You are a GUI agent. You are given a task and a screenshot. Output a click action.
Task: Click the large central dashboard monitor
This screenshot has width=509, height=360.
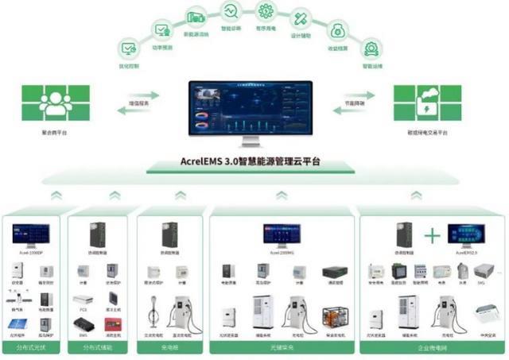[251, 112]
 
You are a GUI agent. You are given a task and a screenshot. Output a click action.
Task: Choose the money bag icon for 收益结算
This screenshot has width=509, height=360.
[337, 31]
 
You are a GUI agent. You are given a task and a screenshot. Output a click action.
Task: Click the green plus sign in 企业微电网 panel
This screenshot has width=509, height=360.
[431, 235]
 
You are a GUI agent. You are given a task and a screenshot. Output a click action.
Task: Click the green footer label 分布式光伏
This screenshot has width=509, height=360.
[32, 350]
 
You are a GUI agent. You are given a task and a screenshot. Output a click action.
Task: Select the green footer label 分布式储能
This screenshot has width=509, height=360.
[99, 350]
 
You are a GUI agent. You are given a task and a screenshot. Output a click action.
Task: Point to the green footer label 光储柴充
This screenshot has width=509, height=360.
[282, 350]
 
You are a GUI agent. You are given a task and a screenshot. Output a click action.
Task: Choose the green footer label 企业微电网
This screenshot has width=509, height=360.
[429, 350]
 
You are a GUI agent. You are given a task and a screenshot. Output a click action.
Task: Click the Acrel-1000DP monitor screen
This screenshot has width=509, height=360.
[31, 234]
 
